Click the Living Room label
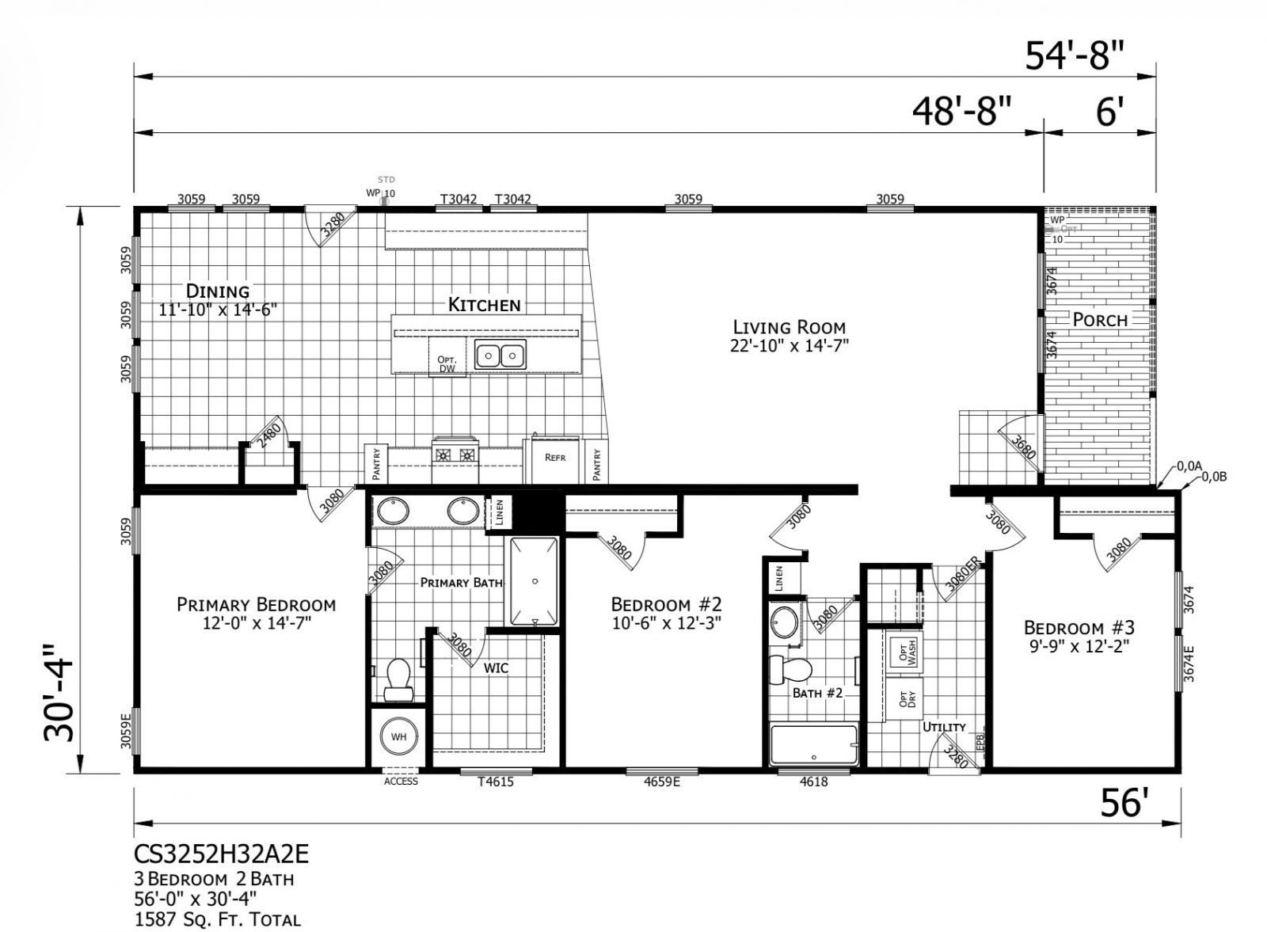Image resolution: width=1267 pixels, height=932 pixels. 789,327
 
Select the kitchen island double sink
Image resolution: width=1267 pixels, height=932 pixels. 500,356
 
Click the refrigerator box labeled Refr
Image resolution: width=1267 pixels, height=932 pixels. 554,458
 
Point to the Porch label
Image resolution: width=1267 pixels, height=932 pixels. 1100,320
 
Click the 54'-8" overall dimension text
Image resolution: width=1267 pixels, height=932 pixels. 1075,56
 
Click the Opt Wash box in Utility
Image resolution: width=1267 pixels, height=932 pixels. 904,653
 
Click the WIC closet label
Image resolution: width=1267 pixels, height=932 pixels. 497,668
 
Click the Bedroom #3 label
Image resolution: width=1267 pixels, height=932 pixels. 1079,628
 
